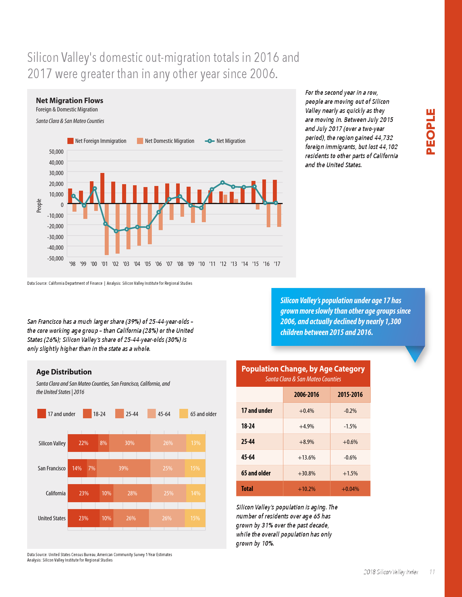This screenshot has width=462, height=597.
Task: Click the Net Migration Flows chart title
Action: pyautogui.click(x=70, y=101)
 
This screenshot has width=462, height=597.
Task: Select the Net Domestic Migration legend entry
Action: pyautogui.click(x=166, y=141)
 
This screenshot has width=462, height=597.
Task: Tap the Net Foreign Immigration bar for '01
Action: pyautogui.click(x=103, y=188)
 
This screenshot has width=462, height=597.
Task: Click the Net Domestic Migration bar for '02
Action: pyautogui.click(x=117, y=228)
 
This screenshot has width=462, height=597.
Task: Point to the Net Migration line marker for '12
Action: pyautogui.click(x=222, y=183)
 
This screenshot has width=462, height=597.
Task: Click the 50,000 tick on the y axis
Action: pyautogui.click(x=56, y=152)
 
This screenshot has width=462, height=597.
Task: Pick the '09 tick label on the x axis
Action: pyautogui.click(x=191, y=264)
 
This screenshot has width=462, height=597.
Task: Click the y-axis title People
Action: pyautogui.click(x=39, y=206)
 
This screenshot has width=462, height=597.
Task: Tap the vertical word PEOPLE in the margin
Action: pyautogui.click(x=430, y=132)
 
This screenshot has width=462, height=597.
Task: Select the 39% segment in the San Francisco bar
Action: pyautogui.click(x=124, y=468)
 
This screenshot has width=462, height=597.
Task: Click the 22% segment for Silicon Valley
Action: pyautogui.click(x=83, y=443)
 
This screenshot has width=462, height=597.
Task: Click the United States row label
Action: pyautogui.click(x=52, y=518)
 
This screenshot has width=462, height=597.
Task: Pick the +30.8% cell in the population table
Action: pyautogui.click(x=307, y=473)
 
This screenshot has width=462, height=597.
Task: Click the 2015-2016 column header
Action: pyautogui.click(x=350, y=395)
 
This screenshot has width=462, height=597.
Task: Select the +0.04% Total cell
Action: pyautogui.click(x=350, y=489)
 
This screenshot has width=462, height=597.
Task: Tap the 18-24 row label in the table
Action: pyautogui.click(x=248, y=426)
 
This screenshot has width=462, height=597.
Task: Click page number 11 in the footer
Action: pyautogui.click(x=432, y=572)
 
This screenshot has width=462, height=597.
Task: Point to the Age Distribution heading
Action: pyautogui.click(x=64, y=372)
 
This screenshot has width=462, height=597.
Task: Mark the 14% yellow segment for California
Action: pyautogui.click(x=196, y=493)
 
